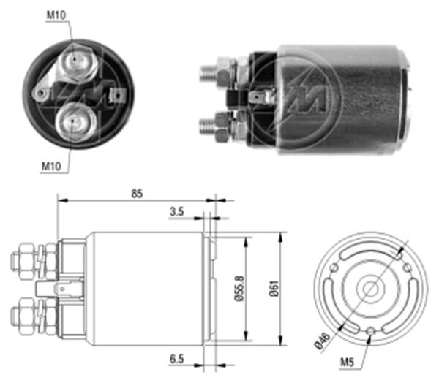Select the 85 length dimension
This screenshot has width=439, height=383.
137,194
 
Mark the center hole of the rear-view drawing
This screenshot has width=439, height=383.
371,289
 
